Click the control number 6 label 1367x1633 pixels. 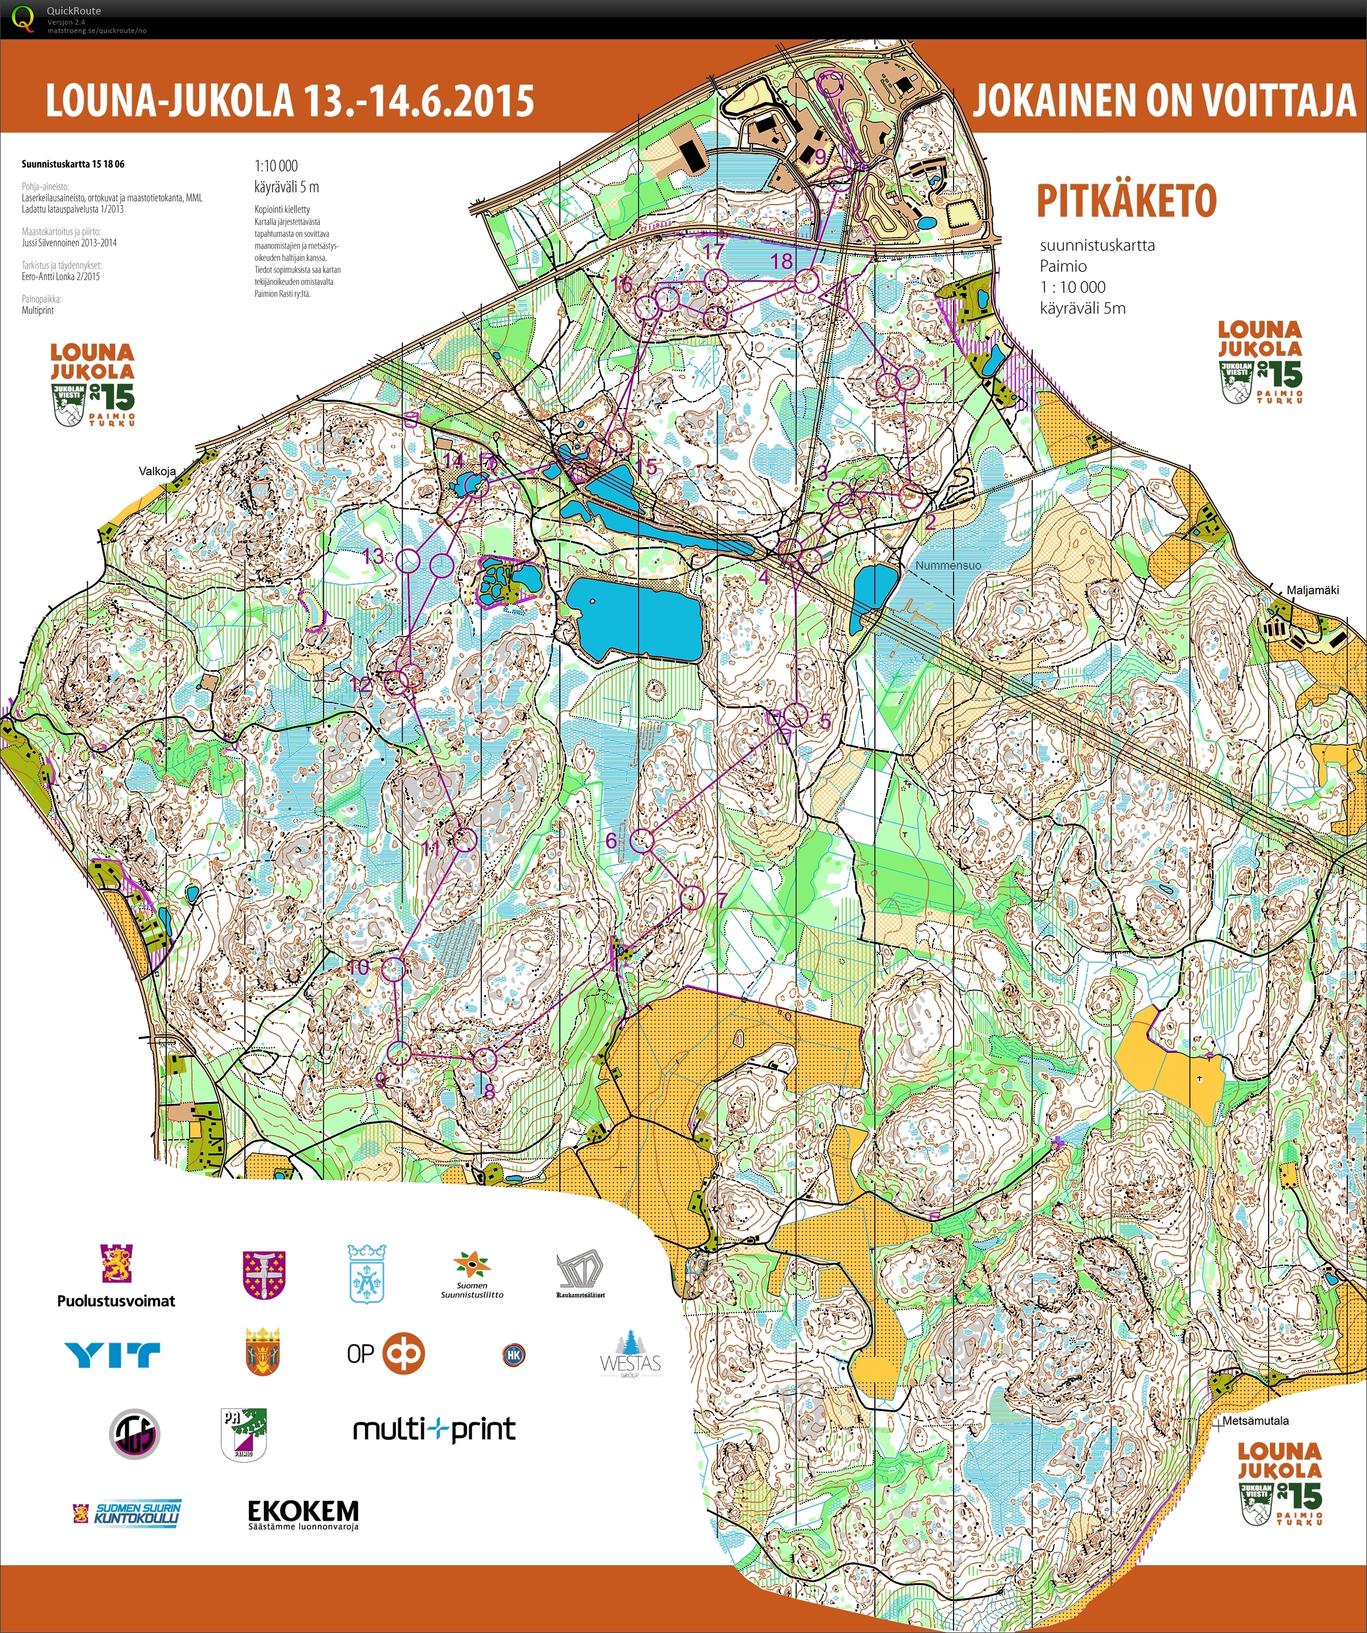(611, 840)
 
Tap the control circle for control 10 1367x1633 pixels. (394, 969)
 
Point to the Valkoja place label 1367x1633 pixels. (157, 471)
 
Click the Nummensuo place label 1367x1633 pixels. (948, 565)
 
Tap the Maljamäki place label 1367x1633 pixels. (1312, 590)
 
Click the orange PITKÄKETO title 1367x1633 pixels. (1126, 202)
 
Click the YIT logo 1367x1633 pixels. (113, 1355)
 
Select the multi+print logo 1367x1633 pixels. (434, 1428)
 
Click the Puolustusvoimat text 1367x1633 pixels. (116, 1301)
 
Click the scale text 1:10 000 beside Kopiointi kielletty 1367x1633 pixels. (275, 166)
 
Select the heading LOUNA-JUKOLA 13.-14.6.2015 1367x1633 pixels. (289, 101)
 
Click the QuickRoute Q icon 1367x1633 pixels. (23, 17)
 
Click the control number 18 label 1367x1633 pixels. (781, 262)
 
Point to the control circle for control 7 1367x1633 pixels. (692, 897)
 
